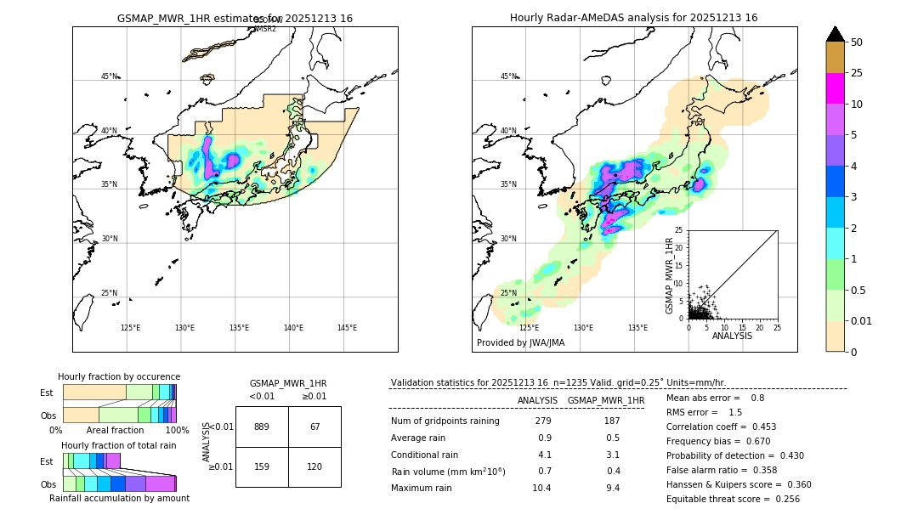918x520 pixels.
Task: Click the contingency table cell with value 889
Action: pos(262,427)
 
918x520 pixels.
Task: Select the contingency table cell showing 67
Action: pos(314,427)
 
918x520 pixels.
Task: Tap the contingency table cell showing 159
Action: pos(262,466)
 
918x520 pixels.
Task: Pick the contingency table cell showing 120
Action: pos(314,466)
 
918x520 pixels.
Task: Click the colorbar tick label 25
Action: pos(857,73)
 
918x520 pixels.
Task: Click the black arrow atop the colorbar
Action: pos(836,34)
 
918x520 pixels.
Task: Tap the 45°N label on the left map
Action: pos(109,76)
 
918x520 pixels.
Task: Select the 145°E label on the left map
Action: pos(347,328)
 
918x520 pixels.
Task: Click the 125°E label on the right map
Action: pos(529,328)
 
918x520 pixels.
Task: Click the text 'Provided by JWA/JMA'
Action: pos(520,343)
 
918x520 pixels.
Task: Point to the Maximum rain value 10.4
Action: pos(541,488)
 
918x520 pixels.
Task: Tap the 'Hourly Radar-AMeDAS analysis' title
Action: pos(633,18)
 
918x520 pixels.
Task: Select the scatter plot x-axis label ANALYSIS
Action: pos(732,336)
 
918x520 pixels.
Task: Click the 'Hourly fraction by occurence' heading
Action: pos(119,376)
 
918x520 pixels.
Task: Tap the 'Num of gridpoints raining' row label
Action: pos(445,421)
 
